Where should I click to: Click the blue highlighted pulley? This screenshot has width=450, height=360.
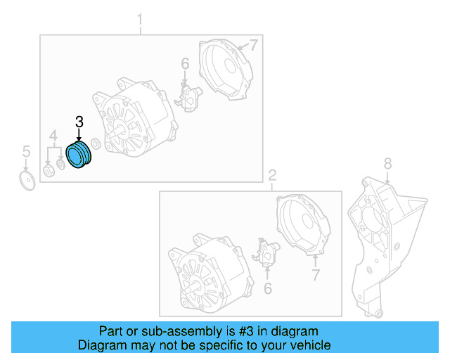click(78, 155)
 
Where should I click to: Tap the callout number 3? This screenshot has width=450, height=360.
click(79, 122)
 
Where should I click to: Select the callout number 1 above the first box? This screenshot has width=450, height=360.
click(139, 20)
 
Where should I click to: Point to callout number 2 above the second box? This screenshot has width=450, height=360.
click(273, 175)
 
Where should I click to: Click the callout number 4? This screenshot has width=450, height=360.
click(53, 135)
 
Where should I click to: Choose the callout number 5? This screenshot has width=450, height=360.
click(26, 151)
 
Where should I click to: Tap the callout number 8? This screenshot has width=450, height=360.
click(386, 164)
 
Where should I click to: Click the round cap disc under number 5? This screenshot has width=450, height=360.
click(27, 181)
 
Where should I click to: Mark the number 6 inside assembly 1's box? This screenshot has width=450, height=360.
click(185, 65)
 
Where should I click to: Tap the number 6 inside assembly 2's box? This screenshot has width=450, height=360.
click(267, 288)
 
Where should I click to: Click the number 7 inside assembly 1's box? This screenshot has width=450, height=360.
click(254, 46)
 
